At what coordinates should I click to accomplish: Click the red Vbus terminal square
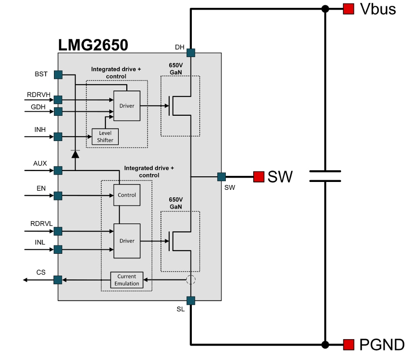pos(348,9)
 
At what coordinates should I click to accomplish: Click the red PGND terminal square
pos(348,345)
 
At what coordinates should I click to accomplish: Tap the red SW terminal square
pos(259,177)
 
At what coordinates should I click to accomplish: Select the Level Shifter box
pos(105,137)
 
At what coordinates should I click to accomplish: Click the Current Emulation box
pos(127,280)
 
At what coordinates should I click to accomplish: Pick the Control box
pos(127,195)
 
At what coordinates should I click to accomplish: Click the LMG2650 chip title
pos(93,45)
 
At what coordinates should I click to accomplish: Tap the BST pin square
pos(58,74)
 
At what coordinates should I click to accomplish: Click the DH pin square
pos(191,53)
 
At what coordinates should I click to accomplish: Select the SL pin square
pos(191,300)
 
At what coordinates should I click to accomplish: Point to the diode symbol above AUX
pos(75,153)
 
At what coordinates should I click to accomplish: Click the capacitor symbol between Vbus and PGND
pos(325,176)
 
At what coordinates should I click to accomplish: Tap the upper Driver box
pos(127,106)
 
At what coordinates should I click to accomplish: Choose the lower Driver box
pos(127,241)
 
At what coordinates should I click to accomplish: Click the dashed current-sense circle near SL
pos(191,280)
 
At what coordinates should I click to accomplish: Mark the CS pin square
pos(58,280)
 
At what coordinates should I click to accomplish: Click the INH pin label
pos(40,129)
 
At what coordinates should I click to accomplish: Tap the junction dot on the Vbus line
pos(325,9)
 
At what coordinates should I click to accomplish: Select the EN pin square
pos(58,196)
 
